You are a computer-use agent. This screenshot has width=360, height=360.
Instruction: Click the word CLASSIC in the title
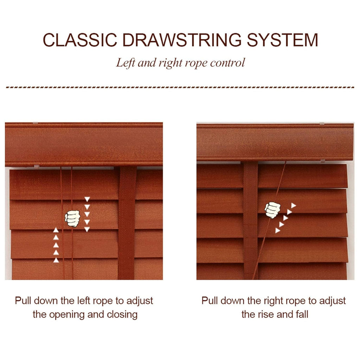[80, 40]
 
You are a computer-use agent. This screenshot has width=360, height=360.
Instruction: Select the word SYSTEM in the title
[282, 40]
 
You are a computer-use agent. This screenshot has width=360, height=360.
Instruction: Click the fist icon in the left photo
[72, 219]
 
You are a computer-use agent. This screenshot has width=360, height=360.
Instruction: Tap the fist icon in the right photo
[272, 210]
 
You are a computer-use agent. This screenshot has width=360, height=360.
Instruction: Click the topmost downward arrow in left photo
[87, 199]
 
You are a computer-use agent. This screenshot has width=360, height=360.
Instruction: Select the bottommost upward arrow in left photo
[56, 260]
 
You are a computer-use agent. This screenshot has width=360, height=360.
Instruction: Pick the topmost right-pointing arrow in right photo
[294, 205]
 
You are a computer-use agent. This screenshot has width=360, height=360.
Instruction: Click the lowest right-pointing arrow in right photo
[278, 230]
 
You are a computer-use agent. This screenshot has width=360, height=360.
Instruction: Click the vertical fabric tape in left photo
[127, 223]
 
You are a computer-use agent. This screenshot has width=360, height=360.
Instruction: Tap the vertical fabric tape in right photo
[250, 220]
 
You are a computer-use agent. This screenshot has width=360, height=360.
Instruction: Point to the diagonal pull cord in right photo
[269, 220]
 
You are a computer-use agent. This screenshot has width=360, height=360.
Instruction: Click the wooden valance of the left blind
[84, 144]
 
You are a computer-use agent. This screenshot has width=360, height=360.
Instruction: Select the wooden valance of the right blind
[275, 142]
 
